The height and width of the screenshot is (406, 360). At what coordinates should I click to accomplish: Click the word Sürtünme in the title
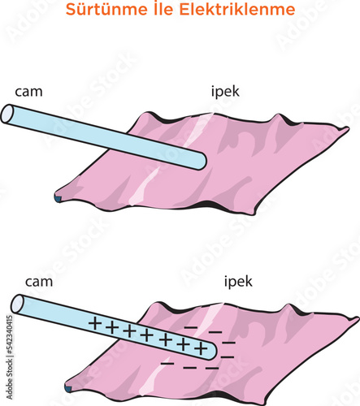pos(106,9)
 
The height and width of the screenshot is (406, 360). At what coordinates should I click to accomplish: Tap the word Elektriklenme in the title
pos(237,9)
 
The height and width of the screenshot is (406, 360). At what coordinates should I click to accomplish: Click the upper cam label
pos(28,92)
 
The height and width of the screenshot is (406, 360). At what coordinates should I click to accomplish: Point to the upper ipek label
pos(225,92)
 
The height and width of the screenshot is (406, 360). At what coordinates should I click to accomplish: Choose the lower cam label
pos(39,282)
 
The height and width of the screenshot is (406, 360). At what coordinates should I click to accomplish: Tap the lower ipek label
pos(238,282)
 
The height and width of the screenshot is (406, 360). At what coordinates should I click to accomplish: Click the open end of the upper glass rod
pos(7,114)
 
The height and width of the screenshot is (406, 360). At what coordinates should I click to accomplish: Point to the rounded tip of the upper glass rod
pos(202,162)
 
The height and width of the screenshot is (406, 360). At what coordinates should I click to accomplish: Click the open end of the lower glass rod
pos(17,304)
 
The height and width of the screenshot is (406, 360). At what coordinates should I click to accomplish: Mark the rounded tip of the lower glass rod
pos(213,352)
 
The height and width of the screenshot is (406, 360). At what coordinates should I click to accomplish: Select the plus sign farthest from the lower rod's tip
pos(94,323)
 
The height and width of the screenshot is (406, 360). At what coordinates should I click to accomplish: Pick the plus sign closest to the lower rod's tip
pos(202,348)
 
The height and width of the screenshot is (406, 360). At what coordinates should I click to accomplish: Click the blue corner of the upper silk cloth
pos(58,200)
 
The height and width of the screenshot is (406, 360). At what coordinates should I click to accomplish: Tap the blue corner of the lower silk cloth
pos(67,389)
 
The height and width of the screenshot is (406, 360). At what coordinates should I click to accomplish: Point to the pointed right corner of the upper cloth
pos(349,127)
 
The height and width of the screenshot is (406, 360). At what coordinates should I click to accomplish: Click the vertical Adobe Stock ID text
pos(10,357)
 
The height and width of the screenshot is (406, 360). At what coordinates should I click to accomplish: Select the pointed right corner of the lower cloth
pos(358,317)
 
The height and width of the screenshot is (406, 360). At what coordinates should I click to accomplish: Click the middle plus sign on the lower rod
pos(147,335)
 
